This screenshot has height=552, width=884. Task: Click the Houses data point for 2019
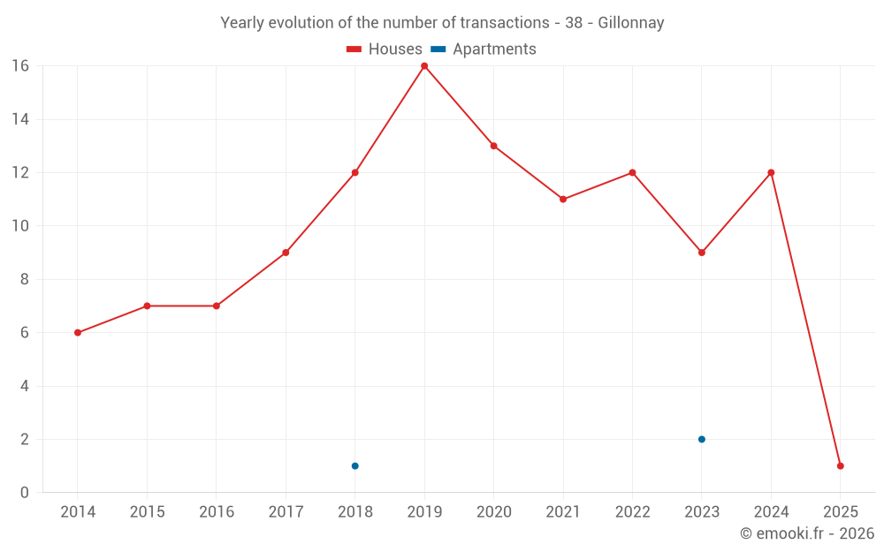[424, 66]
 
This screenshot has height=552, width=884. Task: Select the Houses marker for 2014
[78, 333]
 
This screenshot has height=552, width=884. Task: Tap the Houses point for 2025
[840, 465]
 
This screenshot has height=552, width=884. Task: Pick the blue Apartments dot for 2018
[354, 465]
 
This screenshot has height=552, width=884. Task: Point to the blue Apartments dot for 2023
[701, 439]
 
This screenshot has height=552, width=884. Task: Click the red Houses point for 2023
[701, 253]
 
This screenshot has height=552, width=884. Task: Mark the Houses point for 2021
[563, 200]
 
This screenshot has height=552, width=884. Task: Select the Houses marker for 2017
[286, 253]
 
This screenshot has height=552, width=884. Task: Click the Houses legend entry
[385, 49]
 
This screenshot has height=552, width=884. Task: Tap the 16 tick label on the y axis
[19, 66]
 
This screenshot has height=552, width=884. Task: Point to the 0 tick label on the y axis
[24, 493]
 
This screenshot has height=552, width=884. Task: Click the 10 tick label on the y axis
[19, 226]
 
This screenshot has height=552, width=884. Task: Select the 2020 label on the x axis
[493, 512]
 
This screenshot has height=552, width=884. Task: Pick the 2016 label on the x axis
[217, 512]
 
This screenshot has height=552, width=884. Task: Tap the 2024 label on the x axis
[771, 512]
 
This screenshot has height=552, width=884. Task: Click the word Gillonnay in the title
[630, 23]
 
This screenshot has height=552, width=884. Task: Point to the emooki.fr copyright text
[806, 533]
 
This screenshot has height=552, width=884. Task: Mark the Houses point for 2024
[771, 173]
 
